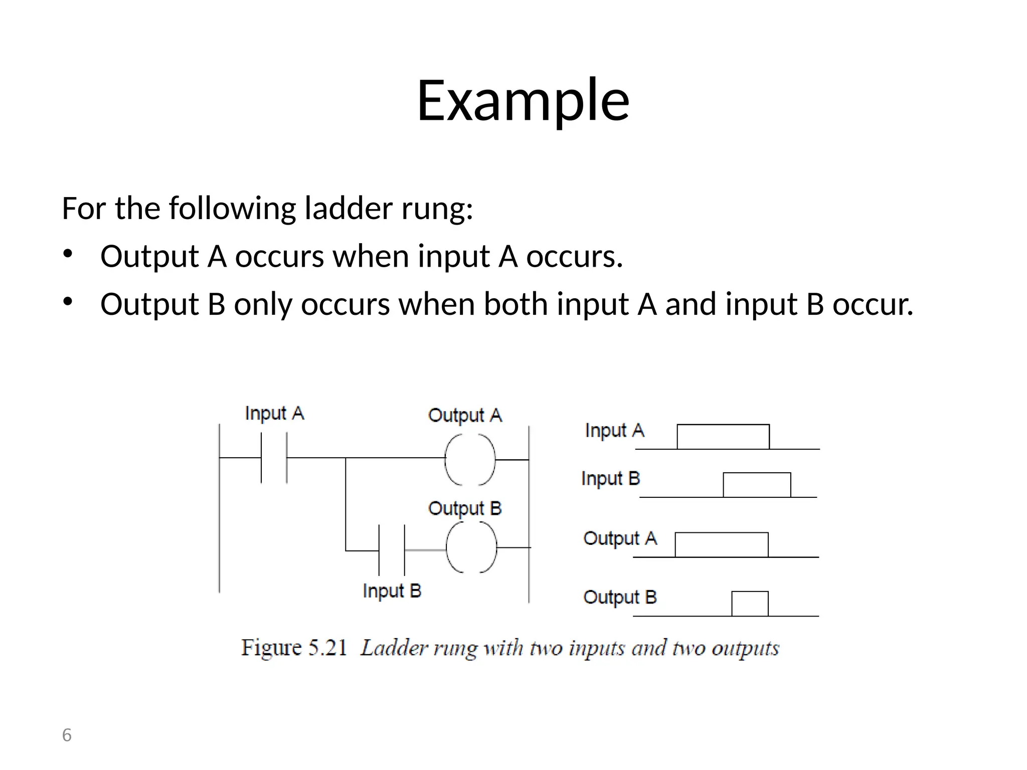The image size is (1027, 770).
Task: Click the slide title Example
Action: tap(523, 100)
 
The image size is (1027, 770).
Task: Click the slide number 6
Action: tap(67, 735)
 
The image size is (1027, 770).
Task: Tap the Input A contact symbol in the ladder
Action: tap(274, 458)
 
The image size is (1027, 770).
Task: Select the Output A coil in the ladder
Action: tap(470, 459)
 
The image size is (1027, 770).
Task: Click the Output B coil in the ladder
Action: tap(471, 547)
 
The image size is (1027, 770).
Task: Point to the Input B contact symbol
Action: tap(392, 550)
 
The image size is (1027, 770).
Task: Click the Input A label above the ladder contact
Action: tap(274, 414)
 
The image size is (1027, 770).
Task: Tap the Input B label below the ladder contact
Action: tap(392, 591)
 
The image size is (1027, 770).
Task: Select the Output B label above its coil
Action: tap(465, 508)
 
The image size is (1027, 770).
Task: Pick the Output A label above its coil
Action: tap(465, 416)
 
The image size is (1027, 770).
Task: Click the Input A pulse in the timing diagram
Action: tap(723, 437)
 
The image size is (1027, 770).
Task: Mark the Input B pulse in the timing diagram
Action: tap(757, 485)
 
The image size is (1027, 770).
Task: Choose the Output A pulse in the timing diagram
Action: tap(721, 544)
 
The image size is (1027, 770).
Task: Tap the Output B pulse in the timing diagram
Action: tap(750, 604)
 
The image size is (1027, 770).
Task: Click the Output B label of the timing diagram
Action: tap(620, 598)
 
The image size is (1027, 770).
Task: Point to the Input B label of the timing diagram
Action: tap(611, 479)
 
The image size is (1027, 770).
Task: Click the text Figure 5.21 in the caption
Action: tap(294, 648)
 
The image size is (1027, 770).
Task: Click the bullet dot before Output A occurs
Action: tap(68, 254)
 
